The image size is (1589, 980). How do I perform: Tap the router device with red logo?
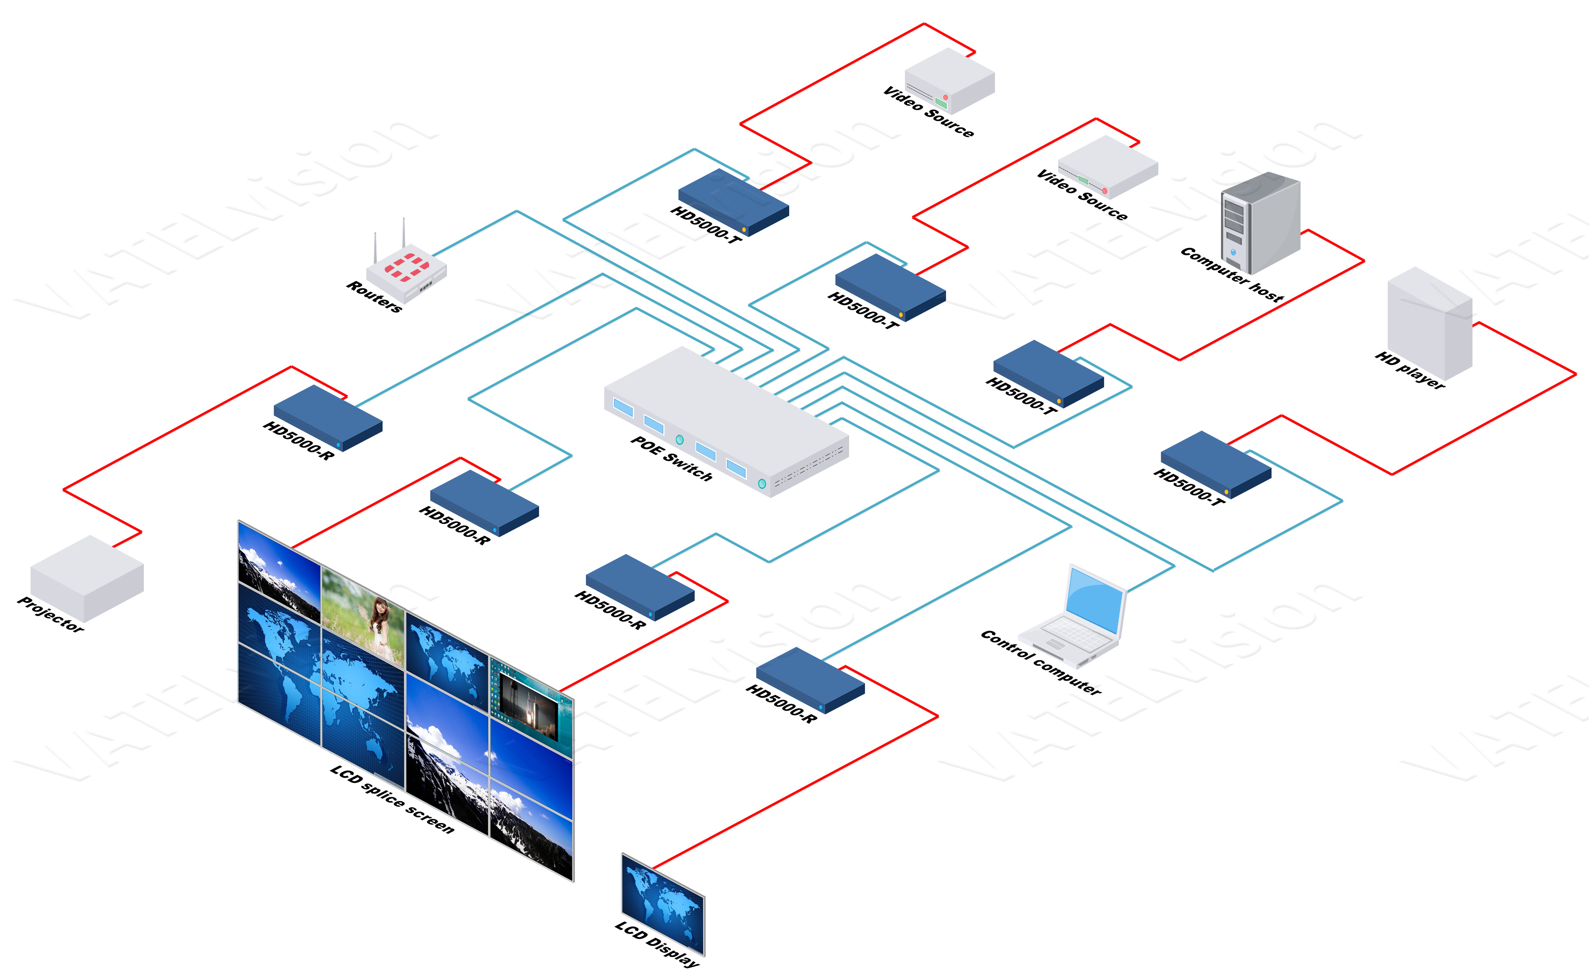tap(407, 272)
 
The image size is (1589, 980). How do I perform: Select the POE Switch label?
tap(671, 458)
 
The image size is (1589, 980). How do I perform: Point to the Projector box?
tap(87, 577)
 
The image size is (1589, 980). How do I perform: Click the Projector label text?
tap(51, 614)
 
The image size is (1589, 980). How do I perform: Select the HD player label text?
tap(1410, 370)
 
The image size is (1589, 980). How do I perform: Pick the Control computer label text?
tap(1041, 662)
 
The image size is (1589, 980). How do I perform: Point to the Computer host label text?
tap(1231, 274)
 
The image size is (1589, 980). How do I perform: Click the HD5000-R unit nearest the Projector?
tap(328, 416)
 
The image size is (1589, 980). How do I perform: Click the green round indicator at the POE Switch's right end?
tap(762, 483)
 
